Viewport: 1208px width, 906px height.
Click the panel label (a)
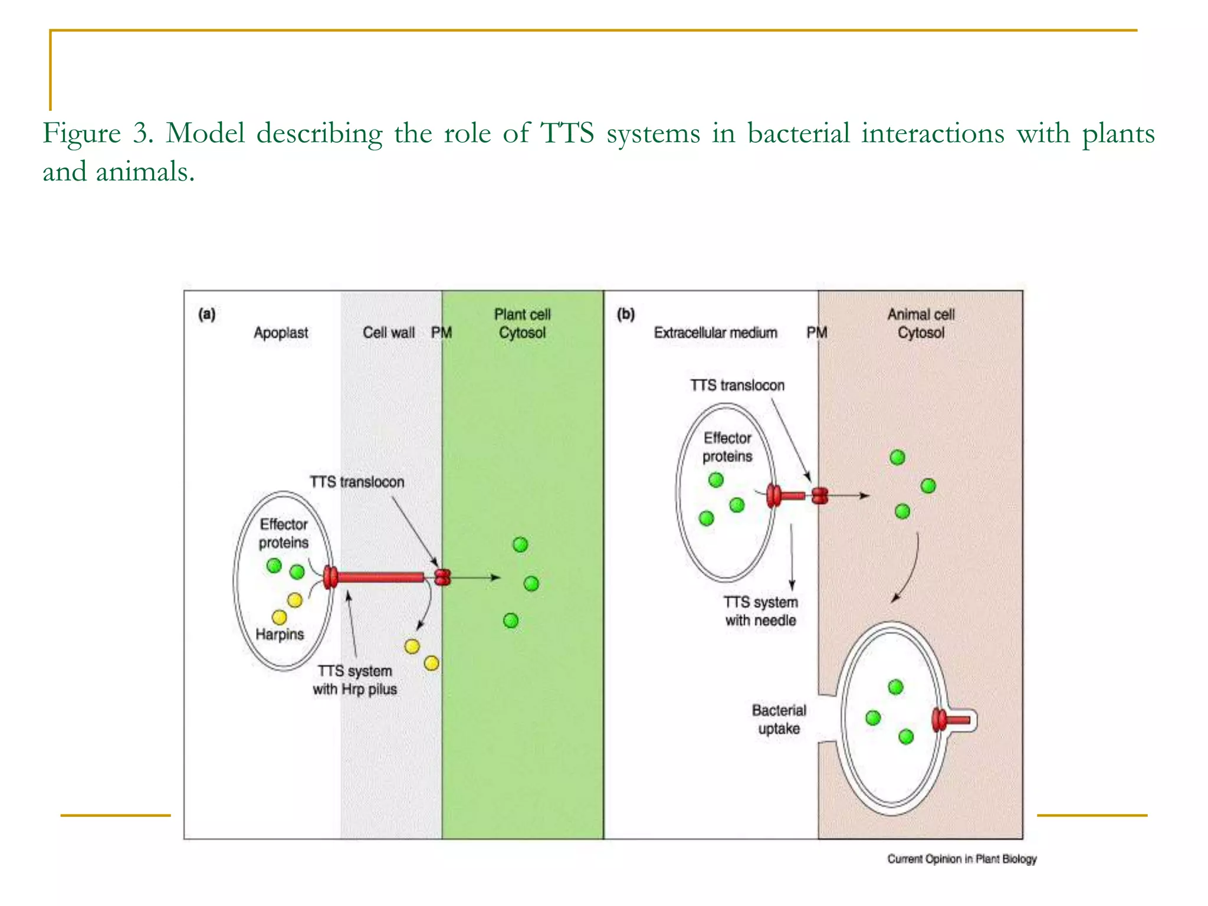tap(206, 314)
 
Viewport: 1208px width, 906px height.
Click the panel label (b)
tap(626, 314)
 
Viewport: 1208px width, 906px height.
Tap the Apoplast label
tap(281, 333)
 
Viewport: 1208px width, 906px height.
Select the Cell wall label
tap(388, 333)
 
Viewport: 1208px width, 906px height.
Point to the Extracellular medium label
tap(715, 333)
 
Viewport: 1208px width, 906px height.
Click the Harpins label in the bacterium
tap(280, 634)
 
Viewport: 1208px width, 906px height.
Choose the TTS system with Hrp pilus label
tap(354, 680)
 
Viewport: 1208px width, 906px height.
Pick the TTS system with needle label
tap(760, 611)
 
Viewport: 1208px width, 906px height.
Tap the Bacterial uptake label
tap(779, 719)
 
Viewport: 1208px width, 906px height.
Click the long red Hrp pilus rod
tap(380, 577)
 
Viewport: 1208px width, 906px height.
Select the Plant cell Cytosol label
tap(522, 323)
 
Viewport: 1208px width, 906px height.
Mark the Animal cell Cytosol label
tap(921, 323)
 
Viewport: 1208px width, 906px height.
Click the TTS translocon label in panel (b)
tap(737, 385)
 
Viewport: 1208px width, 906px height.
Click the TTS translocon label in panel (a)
tap(357, 482)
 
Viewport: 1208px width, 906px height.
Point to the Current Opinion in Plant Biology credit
tap(961, 859)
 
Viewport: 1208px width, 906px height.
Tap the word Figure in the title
tap(81, 133)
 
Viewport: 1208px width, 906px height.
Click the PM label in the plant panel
tap(441, 333)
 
